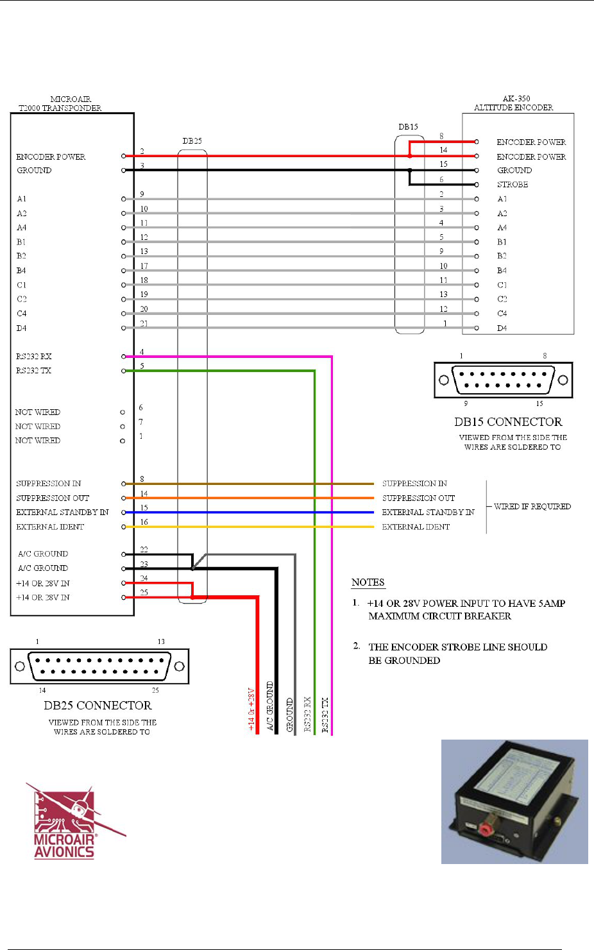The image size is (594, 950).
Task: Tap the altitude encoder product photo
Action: click(514, 801)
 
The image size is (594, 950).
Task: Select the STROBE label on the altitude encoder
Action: click(513, 185)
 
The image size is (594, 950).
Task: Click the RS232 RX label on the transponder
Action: click(34, 357)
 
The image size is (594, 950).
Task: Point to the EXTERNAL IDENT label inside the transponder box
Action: click(50, 527)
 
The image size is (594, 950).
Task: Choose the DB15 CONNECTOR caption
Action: click(508, 422)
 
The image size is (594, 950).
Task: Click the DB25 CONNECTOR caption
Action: click(98, 706)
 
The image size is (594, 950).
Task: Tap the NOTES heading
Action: click(368, 582)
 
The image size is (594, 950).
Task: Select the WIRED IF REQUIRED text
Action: click(532, 507)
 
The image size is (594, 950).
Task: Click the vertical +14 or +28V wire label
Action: click(251, 709)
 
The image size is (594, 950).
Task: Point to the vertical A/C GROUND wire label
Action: click(270, 706)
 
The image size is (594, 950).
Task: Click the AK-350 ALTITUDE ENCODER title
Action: click(514, 103)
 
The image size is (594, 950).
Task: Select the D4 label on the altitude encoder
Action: click(502, 328)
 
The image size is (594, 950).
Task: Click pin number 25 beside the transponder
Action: click(144, 593)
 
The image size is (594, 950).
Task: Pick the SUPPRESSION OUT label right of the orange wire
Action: click(418, 498)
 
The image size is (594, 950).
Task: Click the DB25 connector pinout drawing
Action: click(99, 666)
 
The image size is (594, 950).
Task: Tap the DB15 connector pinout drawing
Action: click(503, 380)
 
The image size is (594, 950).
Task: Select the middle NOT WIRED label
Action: click(38, 427)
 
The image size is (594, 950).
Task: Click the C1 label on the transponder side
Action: click(22, 285)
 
